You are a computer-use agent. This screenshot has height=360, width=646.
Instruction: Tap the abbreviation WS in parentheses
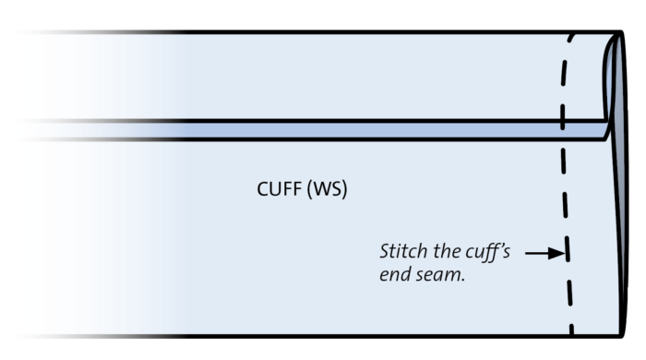pos(329,191)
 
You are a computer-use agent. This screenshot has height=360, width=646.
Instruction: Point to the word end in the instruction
pos(394,275)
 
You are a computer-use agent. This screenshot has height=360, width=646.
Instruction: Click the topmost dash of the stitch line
pos(573,42)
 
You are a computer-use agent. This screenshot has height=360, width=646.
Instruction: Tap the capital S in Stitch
pos(384,251)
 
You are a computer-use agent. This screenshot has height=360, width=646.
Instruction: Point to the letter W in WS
pos(322,191)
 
